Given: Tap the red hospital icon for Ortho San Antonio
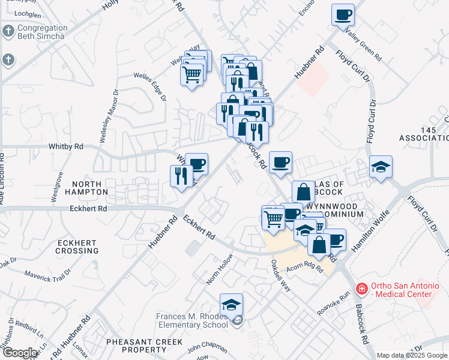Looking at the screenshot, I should point(361,289).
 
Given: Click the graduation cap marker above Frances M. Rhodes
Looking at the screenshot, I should point(232,305).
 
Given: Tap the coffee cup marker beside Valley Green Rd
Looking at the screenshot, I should point(343,14).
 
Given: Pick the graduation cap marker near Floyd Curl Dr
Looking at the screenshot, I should point(381,166).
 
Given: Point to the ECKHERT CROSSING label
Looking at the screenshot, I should point(77,247).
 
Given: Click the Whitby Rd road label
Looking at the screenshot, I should point(62,146).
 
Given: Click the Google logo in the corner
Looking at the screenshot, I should point(19,353).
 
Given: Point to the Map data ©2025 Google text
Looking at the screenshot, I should point(412,355).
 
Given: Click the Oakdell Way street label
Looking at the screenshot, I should point(281,275).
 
